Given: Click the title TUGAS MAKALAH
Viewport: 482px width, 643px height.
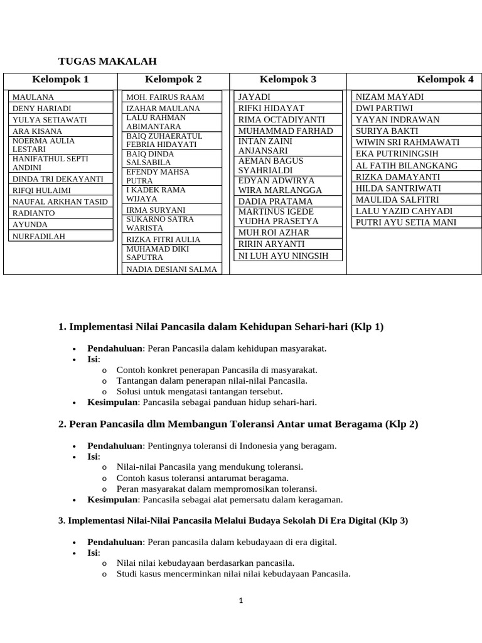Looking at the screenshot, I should (107, 61).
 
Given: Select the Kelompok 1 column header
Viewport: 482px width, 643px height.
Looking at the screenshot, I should (61, 79).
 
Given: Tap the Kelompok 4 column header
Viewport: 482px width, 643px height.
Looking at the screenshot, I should (445, 79).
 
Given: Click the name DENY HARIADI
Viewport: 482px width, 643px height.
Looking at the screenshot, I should (41, 108).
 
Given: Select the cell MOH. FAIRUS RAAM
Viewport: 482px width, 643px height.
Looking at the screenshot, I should (165, 97).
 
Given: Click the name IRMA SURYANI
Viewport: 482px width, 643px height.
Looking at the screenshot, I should (156, 210).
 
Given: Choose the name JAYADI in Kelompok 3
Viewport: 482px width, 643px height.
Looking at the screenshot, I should (254, 97).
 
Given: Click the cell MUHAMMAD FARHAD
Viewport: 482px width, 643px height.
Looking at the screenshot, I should (286, 131).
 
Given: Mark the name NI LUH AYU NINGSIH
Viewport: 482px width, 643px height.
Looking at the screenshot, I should (283, 256).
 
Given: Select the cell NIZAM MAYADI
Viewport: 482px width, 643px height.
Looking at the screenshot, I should (390, 97).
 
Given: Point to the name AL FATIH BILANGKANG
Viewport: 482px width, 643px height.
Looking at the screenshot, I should (407, 165).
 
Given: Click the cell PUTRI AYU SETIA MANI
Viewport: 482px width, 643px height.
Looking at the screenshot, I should (406, 222).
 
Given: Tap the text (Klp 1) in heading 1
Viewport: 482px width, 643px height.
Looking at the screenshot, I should (367, 327).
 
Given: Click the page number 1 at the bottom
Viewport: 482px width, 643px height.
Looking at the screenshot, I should (240, 600).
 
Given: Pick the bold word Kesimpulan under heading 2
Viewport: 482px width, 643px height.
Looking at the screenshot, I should (112, 500).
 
